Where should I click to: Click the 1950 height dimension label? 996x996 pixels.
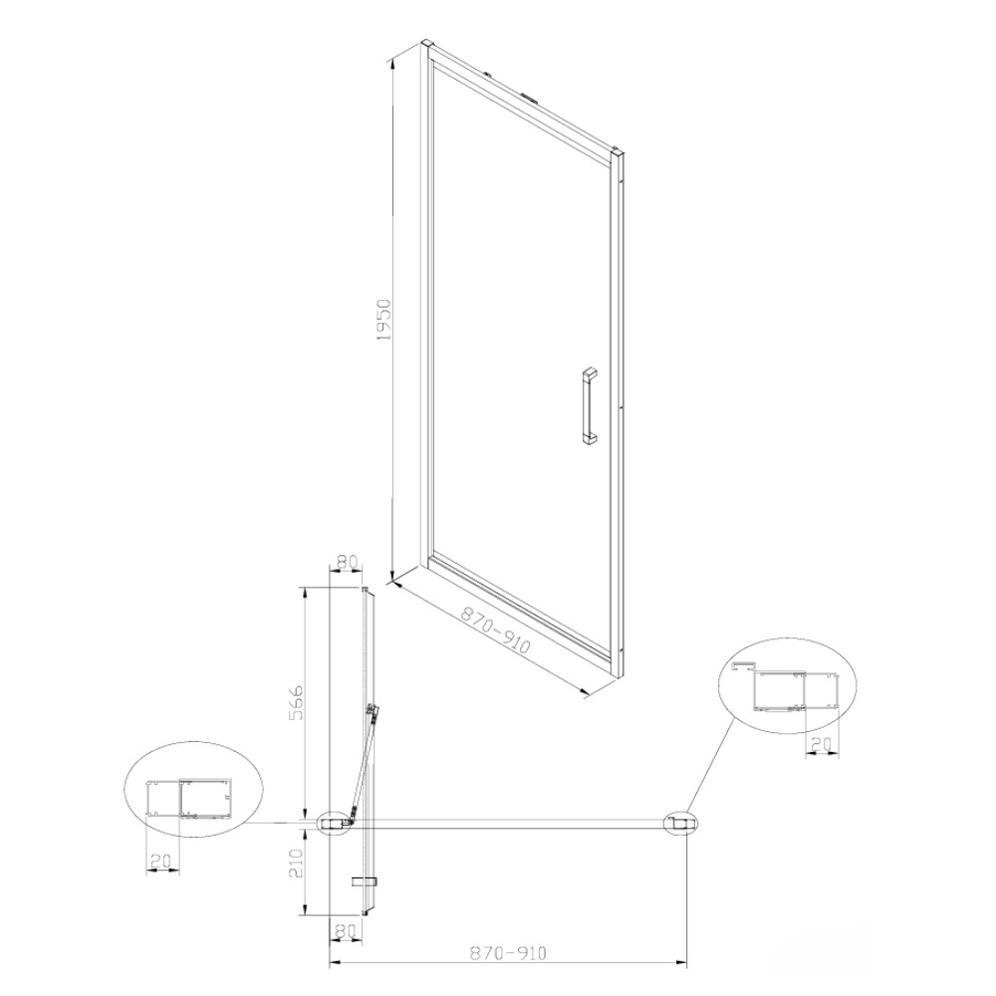[x=385, y=320]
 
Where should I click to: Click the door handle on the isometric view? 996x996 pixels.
[x=590, y=404]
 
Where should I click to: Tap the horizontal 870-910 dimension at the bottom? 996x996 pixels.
[x=508, y=953]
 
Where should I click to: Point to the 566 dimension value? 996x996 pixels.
[x=296, y=702]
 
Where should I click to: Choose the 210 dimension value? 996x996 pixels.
[x=296, y=863]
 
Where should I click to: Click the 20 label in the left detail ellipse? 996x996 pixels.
[x=160, y=861]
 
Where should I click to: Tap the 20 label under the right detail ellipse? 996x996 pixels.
[x=822, y=744]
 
